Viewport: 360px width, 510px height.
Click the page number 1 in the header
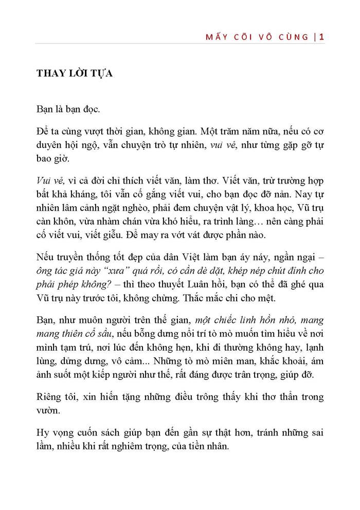pos(321,37)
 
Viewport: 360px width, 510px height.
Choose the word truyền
pos(66,258)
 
